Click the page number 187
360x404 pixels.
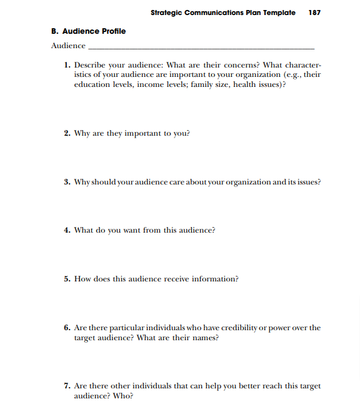(x=314, y=13)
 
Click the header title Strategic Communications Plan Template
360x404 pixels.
(x=223, y=13)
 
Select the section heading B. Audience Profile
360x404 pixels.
(x=88, y=31)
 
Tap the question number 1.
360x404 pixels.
(x=67, y=65)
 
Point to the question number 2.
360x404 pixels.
(x=67, y=133)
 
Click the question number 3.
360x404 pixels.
(x=67, y=182)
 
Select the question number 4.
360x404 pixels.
(x=67, y=230)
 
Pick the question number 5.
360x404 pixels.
(x=67, y=279)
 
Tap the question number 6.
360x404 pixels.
(x=67, y=328)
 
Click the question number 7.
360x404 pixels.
(x=67, y=386)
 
